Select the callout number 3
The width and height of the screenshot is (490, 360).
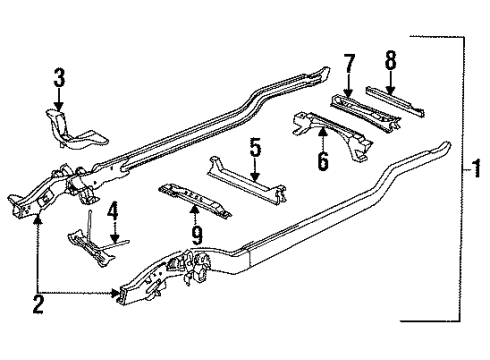click(59, 76)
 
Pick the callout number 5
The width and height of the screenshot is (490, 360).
click(255, 152)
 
